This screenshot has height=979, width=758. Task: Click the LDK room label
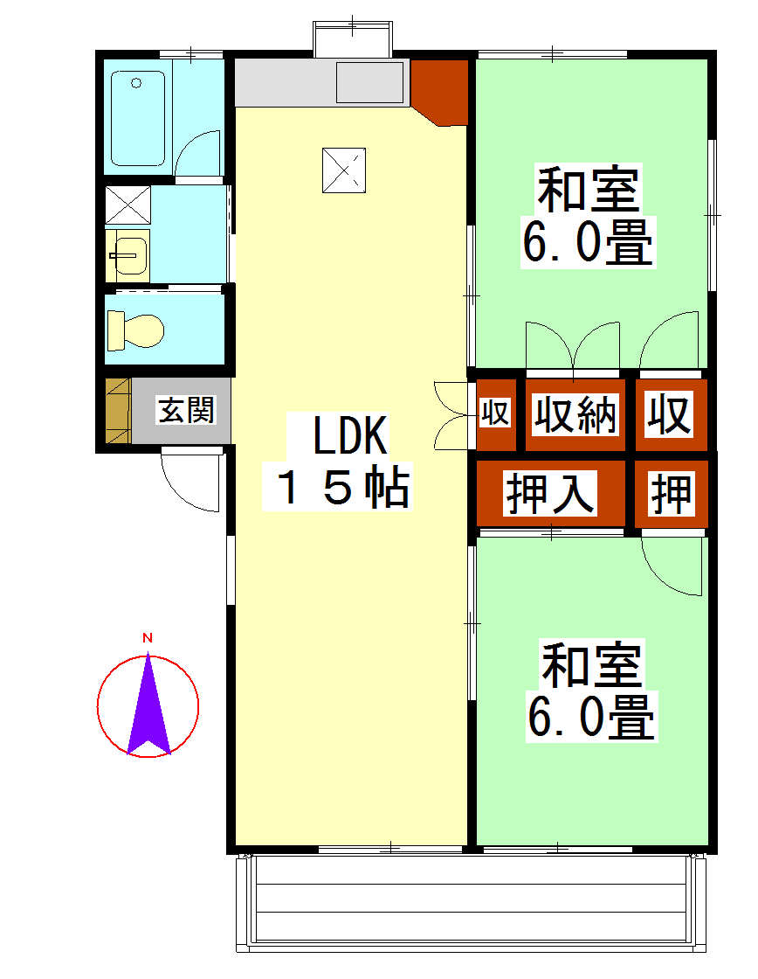350,435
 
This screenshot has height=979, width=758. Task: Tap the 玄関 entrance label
187,410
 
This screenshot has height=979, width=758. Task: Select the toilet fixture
135,330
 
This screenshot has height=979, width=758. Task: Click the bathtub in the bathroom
138,118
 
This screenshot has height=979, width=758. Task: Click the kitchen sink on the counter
370,82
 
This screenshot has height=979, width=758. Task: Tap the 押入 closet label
550,493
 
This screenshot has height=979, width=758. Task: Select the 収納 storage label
575,414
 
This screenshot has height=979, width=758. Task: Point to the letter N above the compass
148,637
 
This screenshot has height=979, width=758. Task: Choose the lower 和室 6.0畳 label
591,691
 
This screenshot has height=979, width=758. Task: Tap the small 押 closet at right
672,494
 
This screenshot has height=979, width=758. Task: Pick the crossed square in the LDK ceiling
344,170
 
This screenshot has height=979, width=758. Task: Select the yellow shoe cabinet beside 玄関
118,411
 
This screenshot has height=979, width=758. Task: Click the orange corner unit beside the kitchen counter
440,91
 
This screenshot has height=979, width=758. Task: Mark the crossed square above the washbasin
127,205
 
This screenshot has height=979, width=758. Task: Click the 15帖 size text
342,487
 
